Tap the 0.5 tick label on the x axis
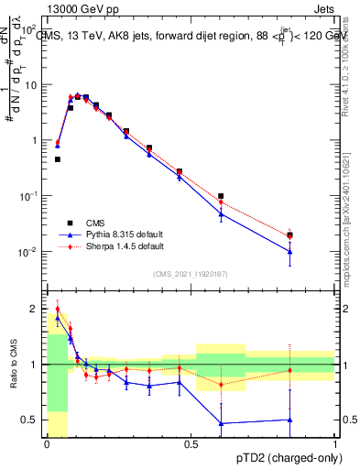point(191,442)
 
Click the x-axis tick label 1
point(335,442)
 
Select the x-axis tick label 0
point(47,442)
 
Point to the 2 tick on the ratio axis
point(33,309)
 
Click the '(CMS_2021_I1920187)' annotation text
point(191,274)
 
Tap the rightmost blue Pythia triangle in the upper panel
point(289,252)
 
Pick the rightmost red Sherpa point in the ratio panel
point(289,370)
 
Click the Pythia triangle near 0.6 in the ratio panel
point(221,423)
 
